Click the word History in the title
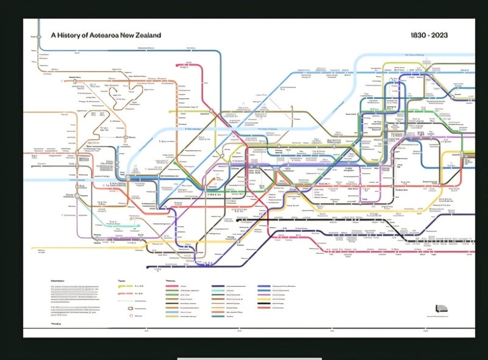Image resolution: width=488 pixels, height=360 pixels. click(71, 35)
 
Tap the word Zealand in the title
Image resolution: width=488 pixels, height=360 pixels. click(148, 35)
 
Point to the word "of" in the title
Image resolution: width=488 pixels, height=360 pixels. click(87, 35)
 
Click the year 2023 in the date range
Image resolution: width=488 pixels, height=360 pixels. click(439, 35)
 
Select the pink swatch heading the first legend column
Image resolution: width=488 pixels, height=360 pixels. click(171, 286)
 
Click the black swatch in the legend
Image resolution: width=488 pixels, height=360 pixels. click(264, 304)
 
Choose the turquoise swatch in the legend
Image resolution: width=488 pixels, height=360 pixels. click(218, 298)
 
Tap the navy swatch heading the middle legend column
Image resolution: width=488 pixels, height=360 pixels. click(218, 286)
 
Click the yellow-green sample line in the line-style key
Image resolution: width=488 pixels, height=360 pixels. click(124, 286)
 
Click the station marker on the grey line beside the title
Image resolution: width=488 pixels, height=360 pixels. click(38, 36)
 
